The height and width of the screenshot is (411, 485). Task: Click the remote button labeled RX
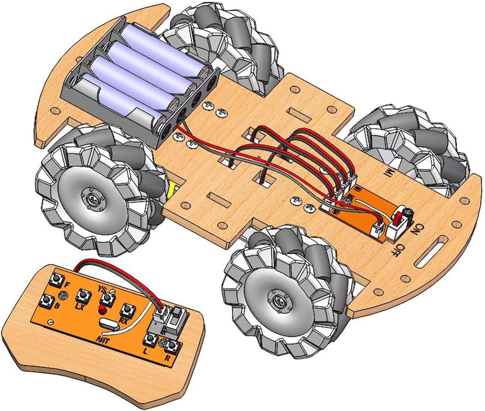(x=128, y=310)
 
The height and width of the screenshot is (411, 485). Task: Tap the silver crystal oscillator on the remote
(x=110, y=322)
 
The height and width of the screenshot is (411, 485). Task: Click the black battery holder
(x=139, y=81)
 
